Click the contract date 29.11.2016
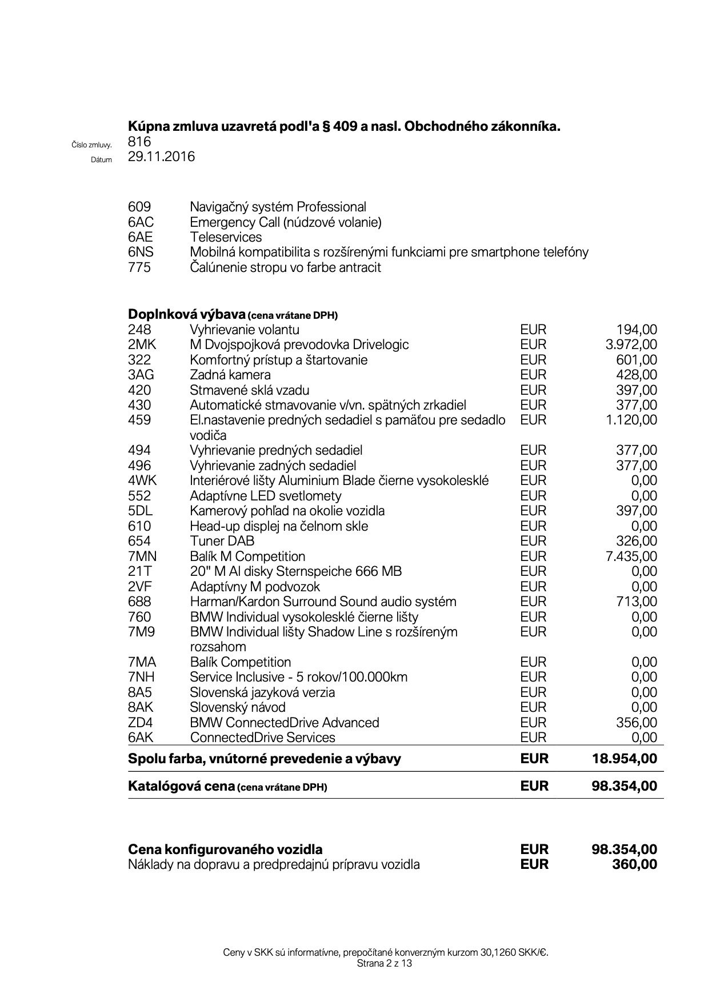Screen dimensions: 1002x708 pos(161,157)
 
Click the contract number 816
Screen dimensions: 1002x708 pos(139,141)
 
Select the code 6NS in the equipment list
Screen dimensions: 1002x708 pos(141,252)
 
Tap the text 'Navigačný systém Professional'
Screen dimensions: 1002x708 pos(278,207)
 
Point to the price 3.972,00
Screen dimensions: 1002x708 pos(631,344)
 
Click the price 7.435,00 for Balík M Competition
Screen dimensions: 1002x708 pos(631,556)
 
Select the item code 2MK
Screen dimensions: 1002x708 pos(142,344)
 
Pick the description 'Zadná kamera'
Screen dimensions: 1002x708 pos(230,375)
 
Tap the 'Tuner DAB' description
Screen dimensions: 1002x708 pos(222,541)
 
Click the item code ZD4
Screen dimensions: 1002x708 pos(141,723)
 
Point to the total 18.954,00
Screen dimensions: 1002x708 pos(625,759)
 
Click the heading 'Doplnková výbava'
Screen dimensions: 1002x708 pos(187,314)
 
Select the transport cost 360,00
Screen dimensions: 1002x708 pos(634,864)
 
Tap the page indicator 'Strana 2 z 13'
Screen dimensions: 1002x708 pos(384,963)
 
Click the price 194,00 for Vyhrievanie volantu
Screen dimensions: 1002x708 pos(637,330)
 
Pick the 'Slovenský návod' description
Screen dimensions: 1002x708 pos(238,707)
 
